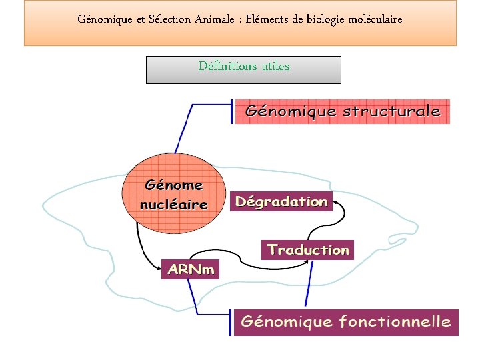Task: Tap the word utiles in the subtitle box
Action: click(x=275, y=66)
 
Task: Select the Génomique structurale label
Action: click(x=343, y=111)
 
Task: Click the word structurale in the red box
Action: click(x=391, y=111)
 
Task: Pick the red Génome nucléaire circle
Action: click(x=174, y=194)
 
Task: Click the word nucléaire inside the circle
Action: click(x=174, y=205)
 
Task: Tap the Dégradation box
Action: click(x=281, y=201)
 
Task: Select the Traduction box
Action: click(x=307, y=250)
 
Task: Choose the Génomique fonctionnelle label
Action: click(x=345, y=322)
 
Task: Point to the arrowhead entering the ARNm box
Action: click(x=159, y=269)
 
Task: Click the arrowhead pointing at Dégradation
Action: click(x=336, y=199)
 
